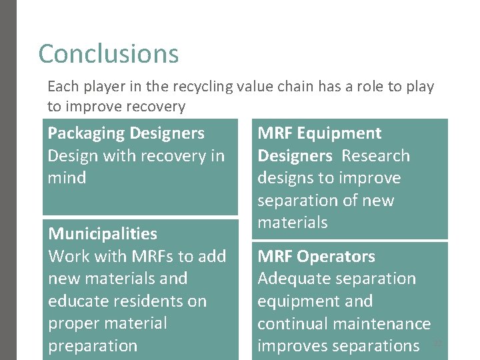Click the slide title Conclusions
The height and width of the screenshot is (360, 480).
pos(109,54)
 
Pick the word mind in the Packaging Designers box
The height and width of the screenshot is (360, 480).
pos(67,178)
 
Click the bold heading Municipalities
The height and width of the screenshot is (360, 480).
pos(103,234)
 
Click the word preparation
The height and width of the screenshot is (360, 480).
pos(93,345)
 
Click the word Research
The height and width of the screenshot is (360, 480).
pos(376,156)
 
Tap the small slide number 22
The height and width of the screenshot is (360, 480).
pos(437,343)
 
